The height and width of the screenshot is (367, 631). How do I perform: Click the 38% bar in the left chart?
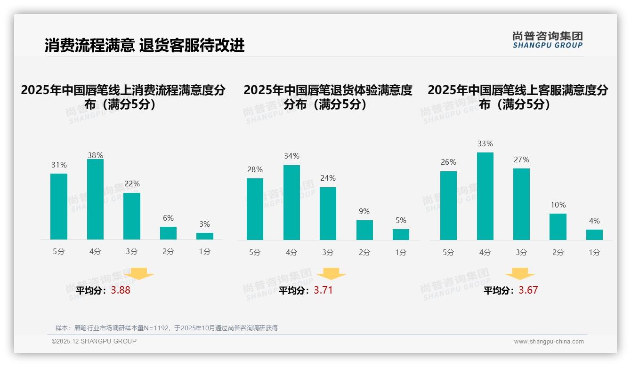(x=95, y=199)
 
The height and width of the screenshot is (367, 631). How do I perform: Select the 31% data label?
(x=59, y=165)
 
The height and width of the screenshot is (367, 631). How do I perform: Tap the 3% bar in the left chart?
(x=205, y=236)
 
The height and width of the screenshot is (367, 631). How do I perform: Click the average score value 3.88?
(x=121, y=290)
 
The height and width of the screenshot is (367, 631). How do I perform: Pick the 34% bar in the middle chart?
(x=291, y=202)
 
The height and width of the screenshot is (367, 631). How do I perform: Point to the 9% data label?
(x=364, y=212)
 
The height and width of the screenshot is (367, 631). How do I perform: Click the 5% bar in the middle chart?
(x=401, y=234)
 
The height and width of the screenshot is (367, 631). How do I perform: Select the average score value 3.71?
(x=323, y=290)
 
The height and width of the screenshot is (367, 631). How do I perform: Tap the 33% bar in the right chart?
(x=485, y=196)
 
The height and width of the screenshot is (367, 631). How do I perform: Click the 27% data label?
(x=521, y=160)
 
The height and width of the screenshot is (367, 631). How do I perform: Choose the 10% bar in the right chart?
(x=558, y=227)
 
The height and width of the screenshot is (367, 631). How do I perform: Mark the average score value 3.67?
(x=528, y=290)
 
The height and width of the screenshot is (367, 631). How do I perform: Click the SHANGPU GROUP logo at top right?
(x=547, y=40)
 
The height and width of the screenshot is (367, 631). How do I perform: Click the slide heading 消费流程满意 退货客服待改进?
(x=145, y=46)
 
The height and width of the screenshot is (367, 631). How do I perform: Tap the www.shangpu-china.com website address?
(x=549, y=342)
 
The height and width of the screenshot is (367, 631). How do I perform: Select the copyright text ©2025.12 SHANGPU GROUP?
(x=94, y=341)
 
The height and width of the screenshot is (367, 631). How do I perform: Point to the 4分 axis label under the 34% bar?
(x=291, y=253)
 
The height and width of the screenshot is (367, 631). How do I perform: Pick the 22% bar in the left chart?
(x=132, y=216)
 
